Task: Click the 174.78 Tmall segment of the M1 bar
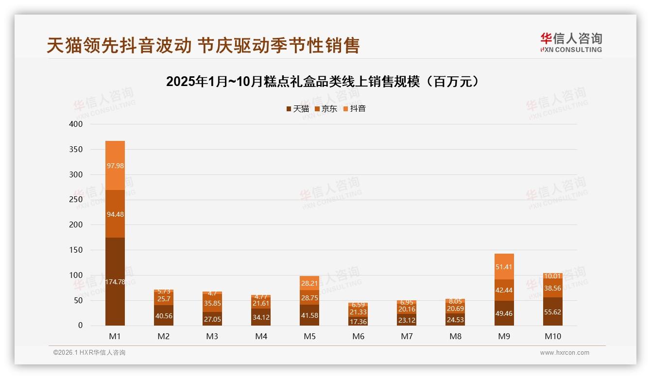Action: (115, 282)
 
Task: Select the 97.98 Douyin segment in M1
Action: (115, 165)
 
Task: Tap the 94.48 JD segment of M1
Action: (115, 214)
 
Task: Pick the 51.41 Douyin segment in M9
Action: (504, 267)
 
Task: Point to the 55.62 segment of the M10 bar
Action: (553, 312)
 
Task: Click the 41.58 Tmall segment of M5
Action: (309, 315)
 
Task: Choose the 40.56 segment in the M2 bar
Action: (164, 316)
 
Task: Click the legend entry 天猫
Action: (297, 109)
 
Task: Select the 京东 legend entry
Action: (325, 109)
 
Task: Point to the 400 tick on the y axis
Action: (76, 124)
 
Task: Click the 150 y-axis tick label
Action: (76, 250)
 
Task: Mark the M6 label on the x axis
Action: (358, 336)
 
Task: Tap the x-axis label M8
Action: (455, 336)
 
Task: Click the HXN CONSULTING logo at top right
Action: (571, 42)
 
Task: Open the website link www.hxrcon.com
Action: (565, 353)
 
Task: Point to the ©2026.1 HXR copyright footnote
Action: (89, 353)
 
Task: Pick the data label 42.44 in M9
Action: (504, 291)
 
